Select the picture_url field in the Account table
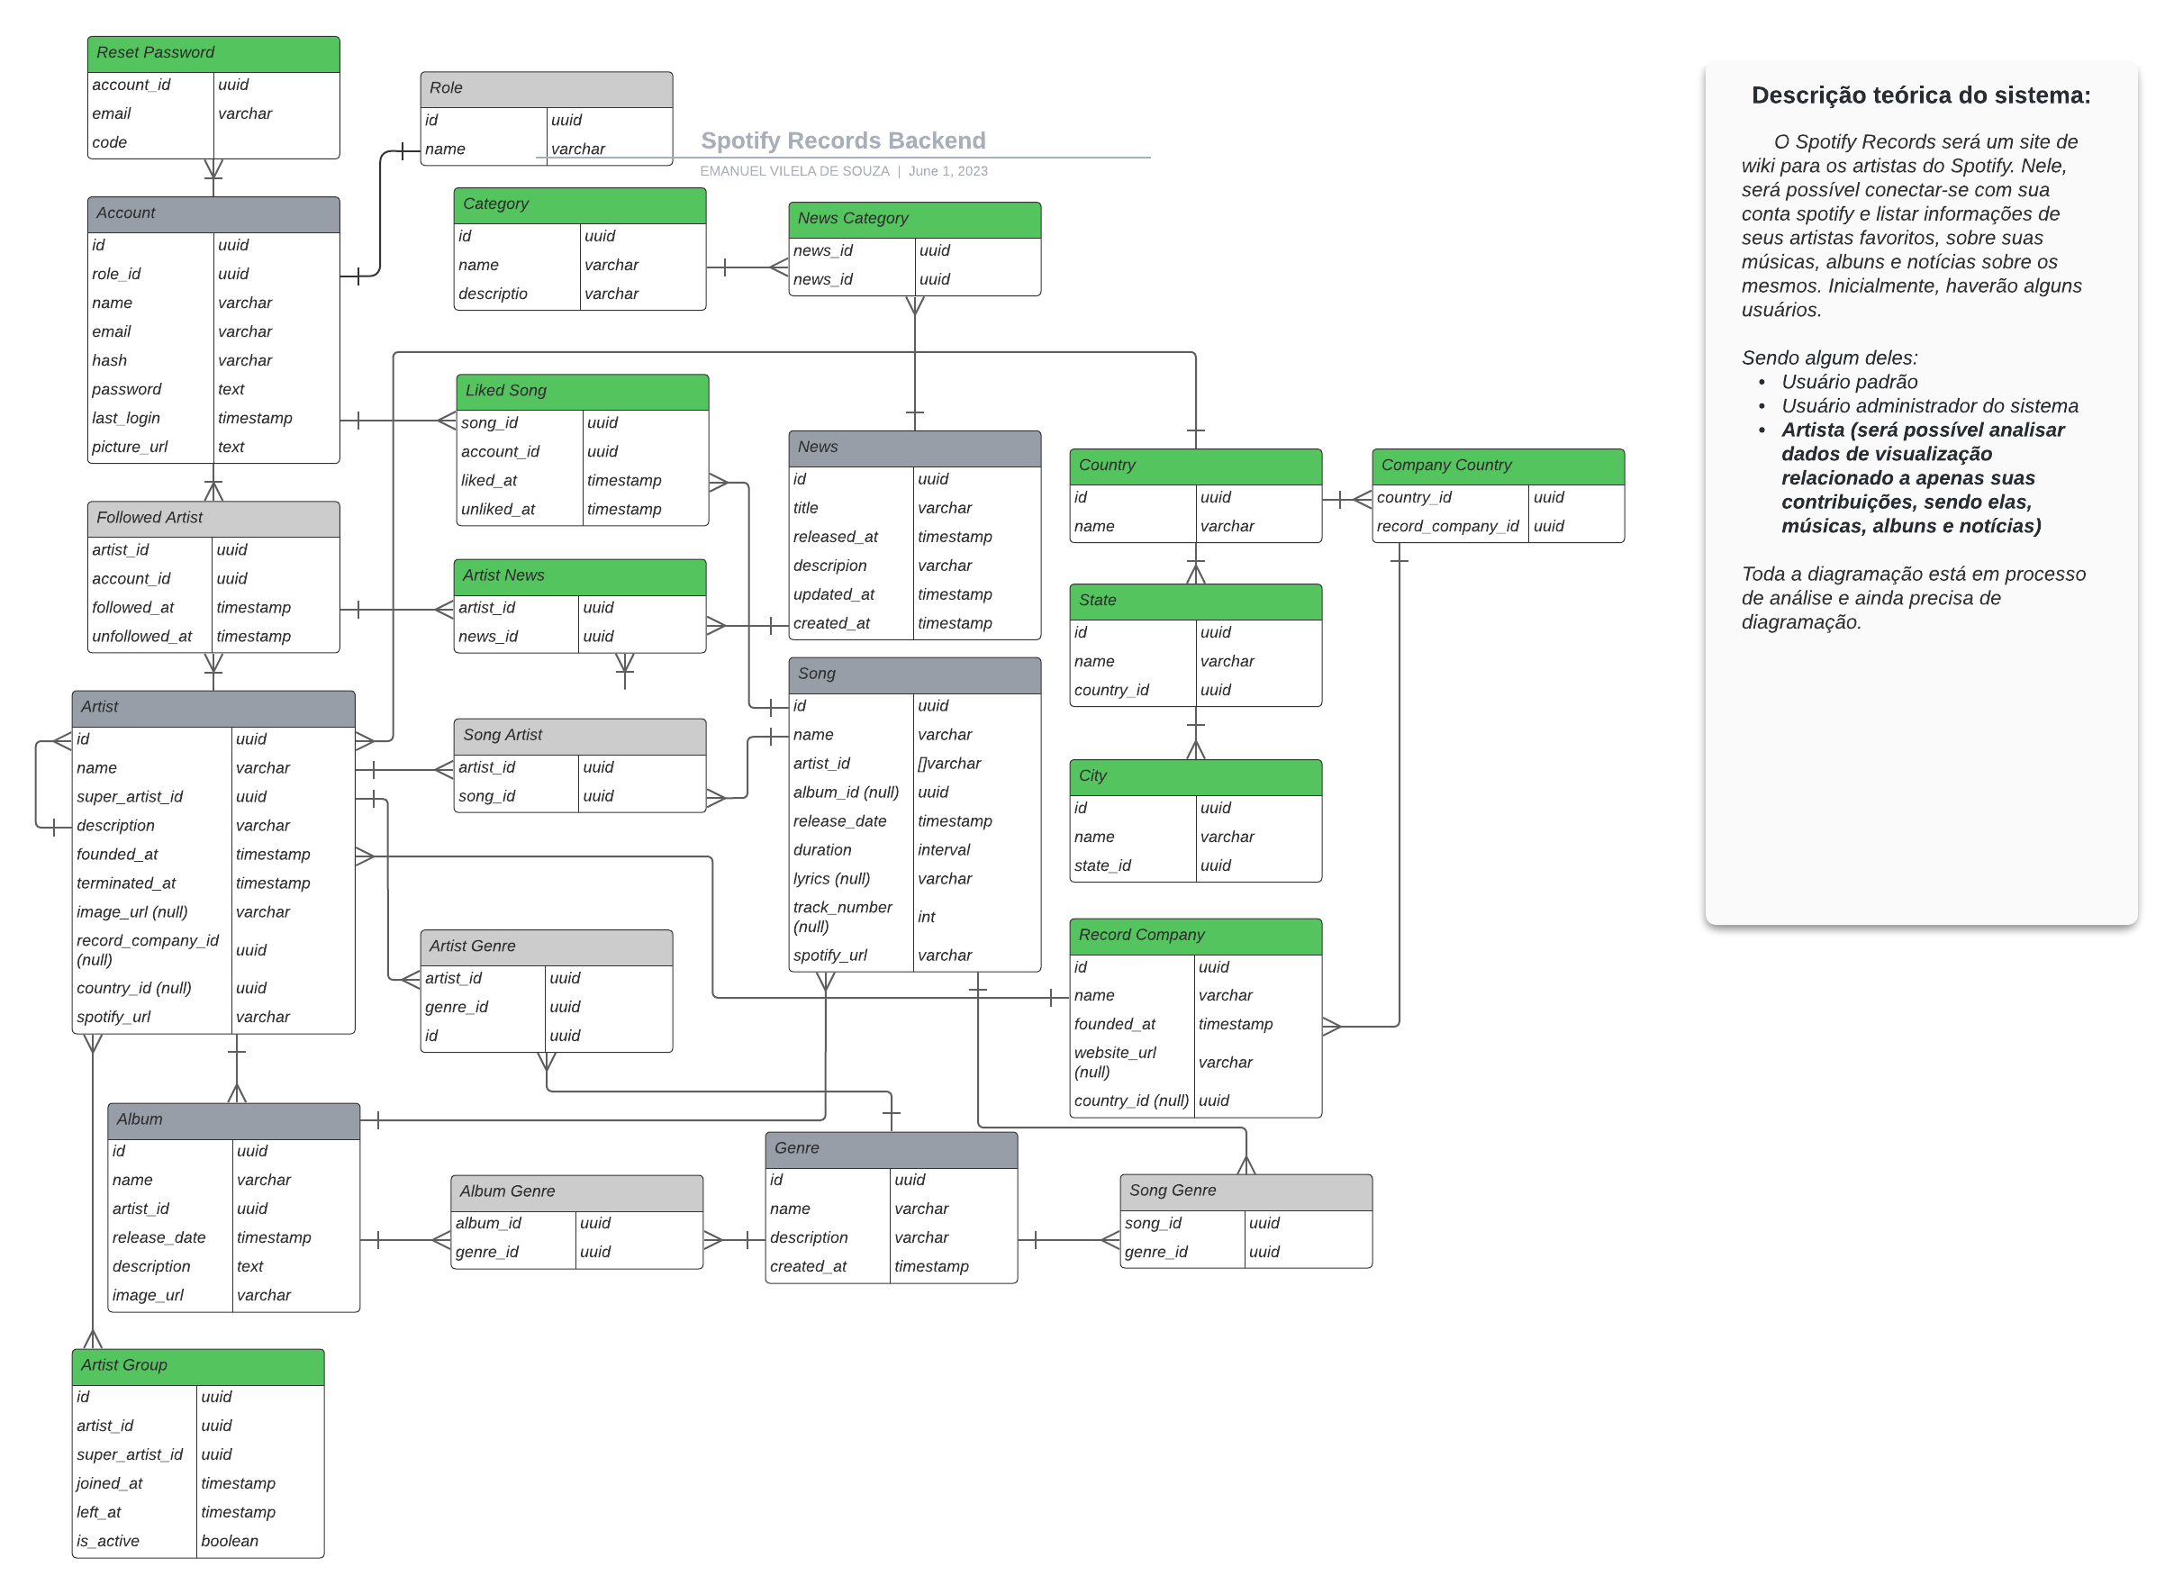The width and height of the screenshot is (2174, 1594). point(130,447)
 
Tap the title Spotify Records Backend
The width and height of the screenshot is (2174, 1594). point(842,140)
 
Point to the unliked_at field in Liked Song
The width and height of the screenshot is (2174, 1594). point(497,510)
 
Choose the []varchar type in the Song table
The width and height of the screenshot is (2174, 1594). point(948,764)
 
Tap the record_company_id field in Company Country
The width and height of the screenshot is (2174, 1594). point(1446,526)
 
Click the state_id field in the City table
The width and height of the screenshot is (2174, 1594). point(1102,865)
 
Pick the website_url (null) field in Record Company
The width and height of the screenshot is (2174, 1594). point(1115,1062)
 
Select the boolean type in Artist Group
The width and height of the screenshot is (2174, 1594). point(230,1541)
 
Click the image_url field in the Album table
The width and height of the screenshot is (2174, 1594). point(148,1295)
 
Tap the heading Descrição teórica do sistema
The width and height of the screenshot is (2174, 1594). point(1919,95)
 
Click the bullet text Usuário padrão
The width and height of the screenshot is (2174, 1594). point(1848,382)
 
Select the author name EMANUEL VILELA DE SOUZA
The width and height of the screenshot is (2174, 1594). point(794,172)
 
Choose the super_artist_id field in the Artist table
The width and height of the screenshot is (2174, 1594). point(130,797)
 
